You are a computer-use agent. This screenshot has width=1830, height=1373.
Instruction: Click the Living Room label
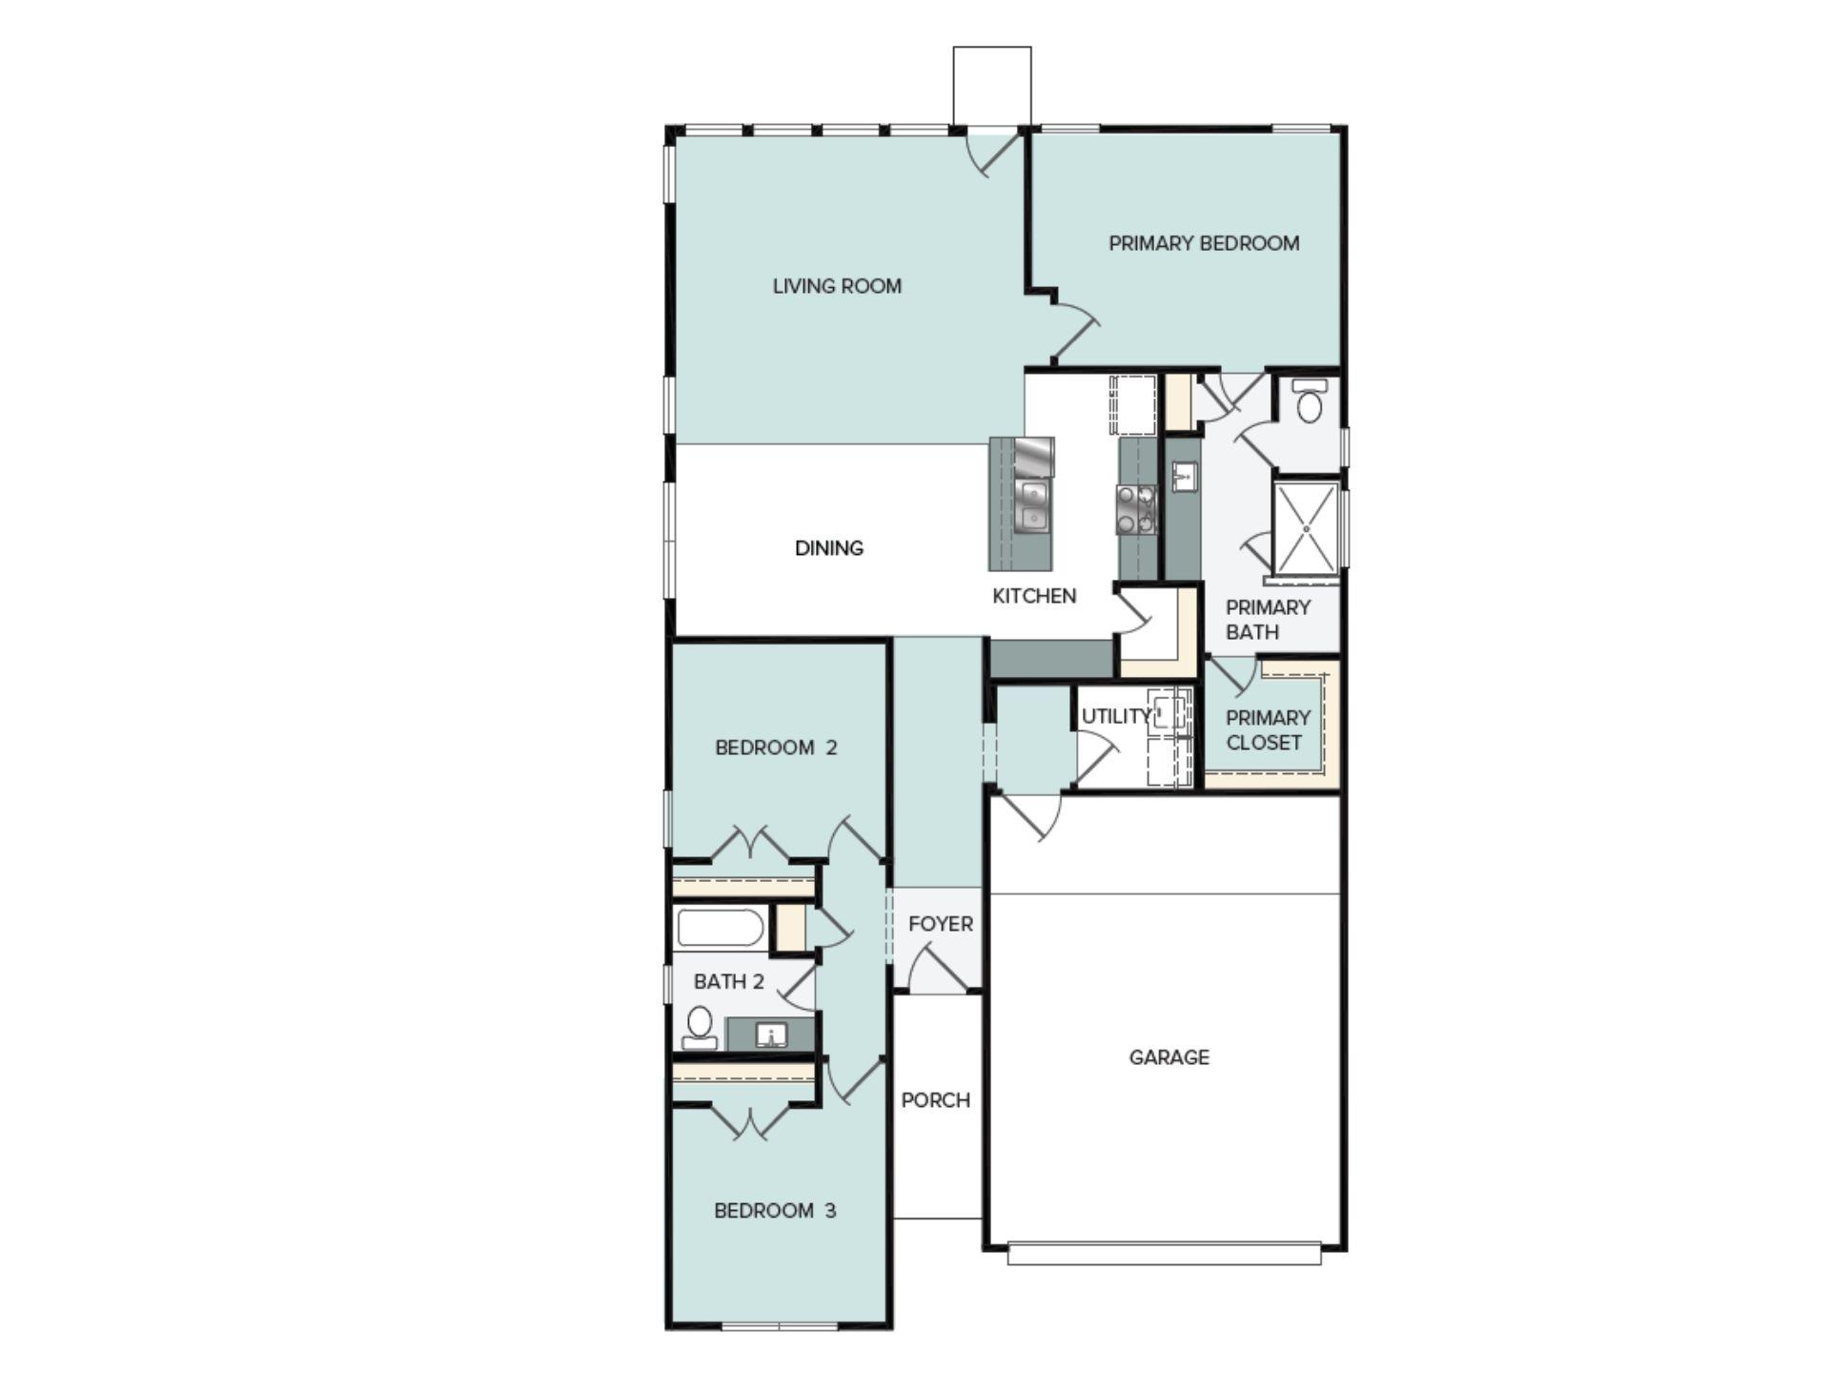(x=837, y=286)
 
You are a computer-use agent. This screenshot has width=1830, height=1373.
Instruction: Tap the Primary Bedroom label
(x=1204, y=243)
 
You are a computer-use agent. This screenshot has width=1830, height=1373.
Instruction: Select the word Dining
(x=829, y=548)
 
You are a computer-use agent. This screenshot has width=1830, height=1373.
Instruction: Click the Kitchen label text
(x=1034, y=596)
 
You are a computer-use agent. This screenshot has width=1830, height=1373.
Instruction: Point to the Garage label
(x=1169, y=1057)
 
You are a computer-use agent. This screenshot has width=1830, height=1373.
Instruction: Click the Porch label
(x=936, y=1100)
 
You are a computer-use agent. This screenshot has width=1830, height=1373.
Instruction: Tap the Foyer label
(x=940, y=924)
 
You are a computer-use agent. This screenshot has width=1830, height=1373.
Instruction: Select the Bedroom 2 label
(x=776, y=748)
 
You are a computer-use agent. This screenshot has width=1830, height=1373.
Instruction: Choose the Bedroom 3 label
(x=775, y=1211)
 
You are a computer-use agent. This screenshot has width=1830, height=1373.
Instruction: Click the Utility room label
(x=1114, y=716)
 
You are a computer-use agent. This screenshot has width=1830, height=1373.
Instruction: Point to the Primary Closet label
(x=1267, y=729)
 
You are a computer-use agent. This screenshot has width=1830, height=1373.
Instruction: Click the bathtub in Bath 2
(x=720, y=928)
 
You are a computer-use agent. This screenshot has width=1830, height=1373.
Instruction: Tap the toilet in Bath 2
(x=700, y=1026)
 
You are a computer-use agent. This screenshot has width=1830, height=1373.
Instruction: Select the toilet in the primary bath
(x=1311, y=402)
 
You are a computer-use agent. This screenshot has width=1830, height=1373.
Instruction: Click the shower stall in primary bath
(x=1306, y=528)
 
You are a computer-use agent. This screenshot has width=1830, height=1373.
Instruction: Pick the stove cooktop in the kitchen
(x=1136, y=509)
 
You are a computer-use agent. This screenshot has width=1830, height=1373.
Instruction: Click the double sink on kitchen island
(x=1031, y=506)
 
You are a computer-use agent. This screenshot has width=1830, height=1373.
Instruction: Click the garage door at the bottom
(x=1164, y=1253)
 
